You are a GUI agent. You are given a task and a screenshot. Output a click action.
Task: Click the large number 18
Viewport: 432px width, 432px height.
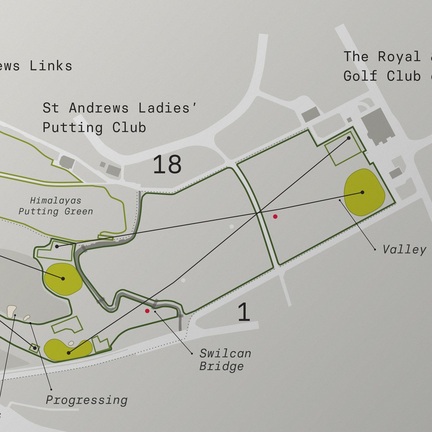coord(167,165)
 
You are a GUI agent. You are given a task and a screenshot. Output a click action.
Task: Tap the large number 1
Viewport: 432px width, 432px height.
coord(244,312)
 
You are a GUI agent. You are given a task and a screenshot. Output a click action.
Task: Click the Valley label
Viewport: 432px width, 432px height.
coord(404,249)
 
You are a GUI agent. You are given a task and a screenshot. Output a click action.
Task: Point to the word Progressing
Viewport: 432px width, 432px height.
coord(86,400)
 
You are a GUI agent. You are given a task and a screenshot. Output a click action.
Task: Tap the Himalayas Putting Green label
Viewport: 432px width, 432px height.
coord(56,206)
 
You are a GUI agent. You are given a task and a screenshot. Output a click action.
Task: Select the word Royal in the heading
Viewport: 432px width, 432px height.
coord(399,57)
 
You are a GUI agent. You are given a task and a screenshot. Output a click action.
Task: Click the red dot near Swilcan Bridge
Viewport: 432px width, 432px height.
coord(147,311)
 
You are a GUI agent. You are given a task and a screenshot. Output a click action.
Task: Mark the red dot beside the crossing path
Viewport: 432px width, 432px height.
coord(275,216)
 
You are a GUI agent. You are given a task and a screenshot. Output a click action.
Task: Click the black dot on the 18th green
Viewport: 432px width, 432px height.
coord(362,192)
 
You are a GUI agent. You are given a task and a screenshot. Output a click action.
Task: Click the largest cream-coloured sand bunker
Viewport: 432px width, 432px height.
coord(12,311)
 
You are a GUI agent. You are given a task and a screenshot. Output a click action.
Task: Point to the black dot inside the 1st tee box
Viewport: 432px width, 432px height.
coord(349,138)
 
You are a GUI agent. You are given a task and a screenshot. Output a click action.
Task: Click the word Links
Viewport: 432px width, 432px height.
coord(51,66)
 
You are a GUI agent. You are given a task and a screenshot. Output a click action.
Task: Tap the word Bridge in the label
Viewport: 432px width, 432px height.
coord(221,366)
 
